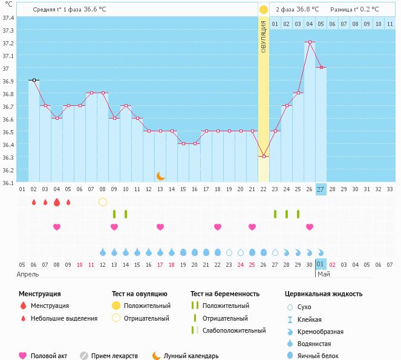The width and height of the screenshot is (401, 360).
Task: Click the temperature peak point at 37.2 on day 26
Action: [310, 42]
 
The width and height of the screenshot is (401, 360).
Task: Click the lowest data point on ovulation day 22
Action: [264, 157]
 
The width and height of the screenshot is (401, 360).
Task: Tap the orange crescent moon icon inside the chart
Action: [160, 176]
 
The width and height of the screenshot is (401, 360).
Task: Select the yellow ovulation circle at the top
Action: [264, 10]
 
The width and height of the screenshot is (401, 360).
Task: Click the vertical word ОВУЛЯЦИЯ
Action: [264, 36]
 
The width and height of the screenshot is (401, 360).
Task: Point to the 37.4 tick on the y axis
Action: [7, 17]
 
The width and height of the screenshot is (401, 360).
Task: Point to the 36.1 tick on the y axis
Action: [7, 182]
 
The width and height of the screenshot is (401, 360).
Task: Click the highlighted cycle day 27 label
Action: [321, 189]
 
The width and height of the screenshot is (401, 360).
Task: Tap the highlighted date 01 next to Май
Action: [321, 264]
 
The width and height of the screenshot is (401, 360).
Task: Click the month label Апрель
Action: [27, 274]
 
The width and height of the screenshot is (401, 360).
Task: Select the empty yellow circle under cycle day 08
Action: [103, 201]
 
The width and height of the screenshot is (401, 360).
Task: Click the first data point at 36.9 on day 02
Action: [34, 80]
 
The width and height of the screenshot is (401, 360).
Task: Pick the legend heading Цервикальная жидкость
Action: [323, 294]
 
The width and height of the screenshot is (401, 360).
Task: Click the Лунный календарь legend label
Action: [191, 356]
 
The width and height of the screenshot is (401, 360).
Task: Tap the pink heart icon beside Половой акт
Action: [23, 356]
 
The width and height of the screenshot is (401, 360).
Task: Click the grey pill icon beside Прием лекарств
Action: [84, 356]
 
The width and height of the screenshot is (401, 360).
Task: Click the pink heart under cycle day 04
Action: [57, 227]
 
